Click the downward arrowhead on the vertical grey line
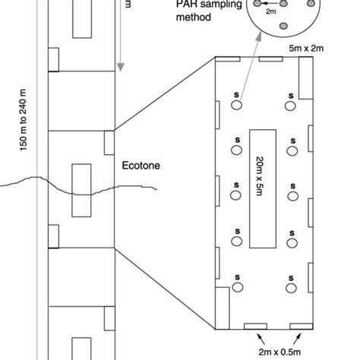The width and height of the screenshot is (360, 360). coord(119,67)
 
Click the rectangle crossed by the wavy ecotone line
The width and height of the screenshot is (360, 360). coord(81,188)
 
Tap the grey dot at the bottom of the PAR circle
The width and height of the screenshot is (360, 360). coord(284,27)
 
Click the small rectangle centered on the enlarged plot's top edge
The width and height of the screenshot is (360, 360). coord(271,58)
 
